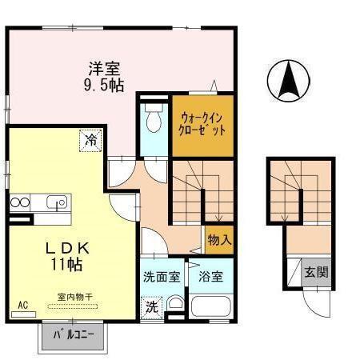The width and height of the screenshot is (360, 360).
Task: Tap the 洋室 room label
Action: [103, 68]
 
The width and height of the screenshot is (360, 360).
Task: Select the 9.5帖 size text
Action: [103, 85]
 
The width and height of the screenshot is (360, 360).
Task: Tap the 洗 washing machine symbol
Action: [151, 306]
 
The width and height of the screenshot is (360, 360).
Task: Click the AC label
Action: [22, 305]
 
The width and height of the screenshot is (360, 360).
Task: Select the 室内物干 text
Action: [74, 297]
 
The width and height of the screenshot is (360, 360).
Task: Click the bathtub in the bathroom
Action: [211, 306]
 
